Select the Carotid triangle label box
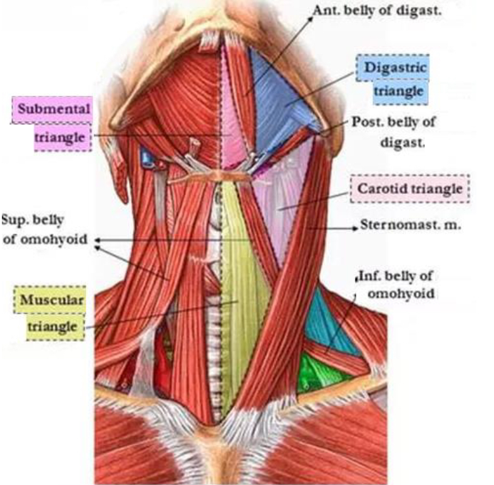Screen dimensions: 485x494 point(409,188)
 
